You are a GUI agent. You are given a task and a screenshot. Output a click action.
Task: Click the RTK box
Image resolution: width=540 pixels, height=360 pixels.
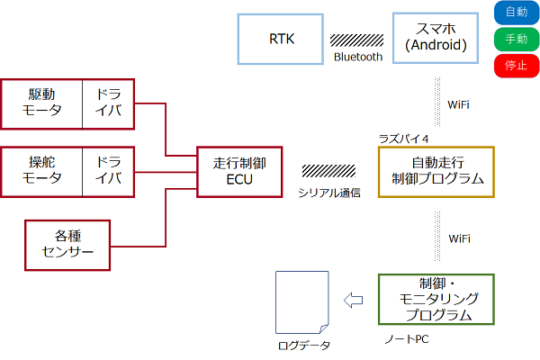click(281, 39)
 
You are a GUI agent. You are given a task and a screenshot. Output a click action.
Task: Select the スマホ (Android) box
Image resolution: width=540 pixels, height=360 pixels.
click(434, 39)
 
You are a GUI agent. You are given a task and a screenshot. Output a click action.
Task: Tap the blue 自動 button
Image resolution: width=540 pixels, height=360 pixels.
click(517, 13)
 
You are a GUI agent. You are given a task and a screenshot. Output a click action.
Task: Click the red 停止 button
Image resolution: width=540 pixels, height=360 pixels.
click(517, 66)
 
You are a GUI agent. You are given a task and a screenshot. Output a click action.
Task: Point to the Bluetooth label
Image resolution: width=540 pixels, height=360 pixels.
click(358, 57)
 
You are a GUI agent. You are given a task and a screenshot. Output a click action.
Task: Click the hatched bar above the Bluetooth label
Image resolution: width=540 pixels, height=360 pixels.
click(357, 40)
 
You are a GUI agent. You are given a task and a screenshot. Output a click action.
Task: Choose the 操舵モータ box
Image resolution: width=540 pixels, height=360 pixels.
click(42, 171)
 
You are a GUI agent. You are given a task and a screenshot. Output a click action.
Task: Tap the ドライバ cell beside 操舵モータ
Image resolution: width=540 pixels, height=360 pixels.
click(109, 171)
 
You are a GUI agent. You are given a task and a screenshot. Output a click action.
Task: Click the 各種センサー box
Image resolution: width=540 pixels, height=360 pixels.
click(67, 243)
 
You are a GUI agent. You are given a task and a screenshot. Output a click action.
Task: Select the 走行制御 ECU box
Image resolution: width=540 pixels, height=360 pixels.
click(239, 171)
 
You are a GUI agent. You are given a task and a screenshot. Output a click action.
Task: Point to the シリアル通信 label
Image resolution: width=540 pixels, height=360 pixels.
click(329, 192)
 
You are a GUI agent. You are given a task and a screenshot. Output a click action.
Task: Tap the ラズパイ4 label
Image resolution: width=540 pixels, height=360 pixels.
click(403, 137)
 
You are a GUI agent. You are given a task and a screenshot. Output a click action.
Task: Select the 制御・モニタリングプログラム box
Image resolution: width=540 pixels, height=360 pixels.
click(436, 299)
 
